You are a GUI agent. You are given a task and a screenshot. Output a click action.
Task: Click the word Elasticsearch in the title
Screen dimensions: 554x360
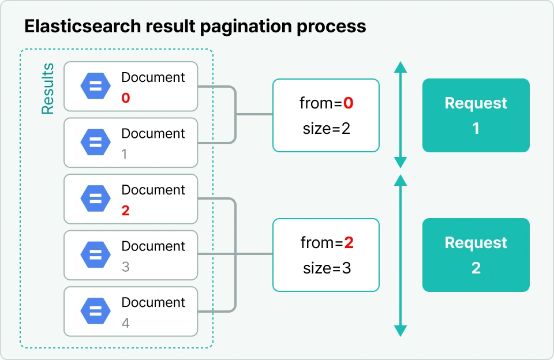[x=83, y=26]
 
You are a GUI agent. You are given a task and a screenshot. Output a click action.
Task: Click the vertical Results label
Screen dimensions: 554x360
[x=48, y=89]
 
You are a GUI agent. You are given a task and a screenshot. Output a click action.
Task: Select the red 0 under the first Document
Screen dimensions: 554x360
[x=125, y=98]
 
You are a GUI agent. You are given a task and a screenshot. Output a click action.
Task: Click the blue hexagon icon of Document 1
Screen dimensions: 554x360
[x=95, y=142]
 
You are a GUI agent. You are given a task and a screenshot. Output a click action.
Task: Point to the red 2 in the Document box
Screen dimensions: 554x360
[x=125, y=211]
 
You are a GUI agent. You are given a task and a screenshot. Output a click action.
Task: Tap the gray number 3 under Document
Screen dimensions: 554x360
[x=125, y=267]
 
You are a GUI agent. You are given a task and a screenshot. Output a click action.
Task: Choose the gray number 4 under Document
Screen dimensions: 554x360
[x=125, y=323]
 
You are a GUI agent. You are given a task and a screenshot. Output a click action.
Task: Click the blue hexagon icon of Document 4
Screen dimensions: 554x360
[x=95, y=311]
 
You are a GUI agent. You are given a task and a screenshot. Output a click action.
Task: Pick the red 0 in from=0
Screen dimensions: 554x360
[x=348, y=103]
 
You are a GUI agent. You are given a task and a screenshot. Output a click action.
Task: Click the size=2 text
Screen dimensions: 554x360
[x=327, y=128]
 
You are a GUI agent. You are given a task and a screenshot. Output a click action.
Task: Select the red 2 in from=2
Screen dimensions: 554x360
[x=349, y=243]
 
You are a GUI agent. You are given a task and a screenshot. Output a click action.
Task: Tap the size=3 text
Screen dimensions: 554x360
[x=327, y=268]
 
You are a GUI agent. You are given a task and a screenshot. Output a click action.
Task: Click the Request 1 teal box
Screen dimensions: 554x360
[x=476, y=115]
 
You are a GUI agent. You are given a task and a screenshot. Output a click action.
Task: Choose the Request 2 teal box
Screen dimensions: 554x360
[x=476, y=255]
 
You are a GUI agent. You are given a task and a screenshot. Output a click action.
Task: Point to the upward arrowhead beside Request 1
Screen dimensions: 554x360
[x=400, y=67]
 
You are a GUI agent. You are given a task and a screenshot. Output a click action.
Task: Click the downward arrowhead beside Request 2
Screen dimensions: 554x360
[x=400, y=331]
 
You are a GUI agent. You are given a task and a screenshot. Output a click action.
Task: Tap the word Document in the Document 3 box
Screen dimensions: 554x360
[x=153, y=246]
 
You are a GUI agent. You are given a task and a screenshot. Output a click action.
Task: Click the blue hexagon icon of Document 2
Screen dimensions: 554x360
[x=95, y=198]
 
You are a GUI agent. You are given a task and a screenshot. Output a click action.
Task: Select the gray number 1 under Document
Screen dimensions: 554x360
[x=124, y=154]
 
